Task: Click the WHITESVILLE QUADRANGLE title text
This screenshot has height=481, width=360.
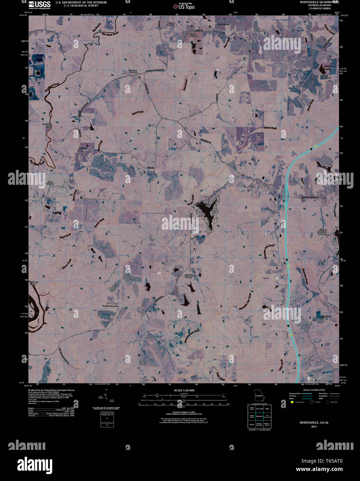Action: click(x=314, y=2)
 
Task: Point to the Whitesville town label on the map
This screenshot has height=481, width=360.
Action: click(x=267, y=185)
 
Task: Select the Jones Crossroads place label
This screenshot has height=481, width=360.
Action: click(x=259, y=29)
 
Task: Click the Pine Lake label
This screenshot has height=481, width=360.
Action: click(x=216, y=211)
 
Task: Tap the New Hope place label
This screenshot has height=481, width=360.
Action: click(x=112, y=303)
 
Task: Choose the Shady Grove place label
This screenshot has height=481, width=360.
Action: click(x=143, y=362)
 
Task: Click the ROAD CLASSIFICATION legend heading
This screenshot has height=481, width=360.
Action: click(x=314, y=390)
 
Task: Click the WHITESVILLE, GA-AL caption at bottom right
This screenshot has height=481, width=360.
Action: click(x=314, y=423)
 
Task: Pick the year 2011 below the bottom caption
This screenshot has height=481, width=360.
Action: click(x=314, y=426)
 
